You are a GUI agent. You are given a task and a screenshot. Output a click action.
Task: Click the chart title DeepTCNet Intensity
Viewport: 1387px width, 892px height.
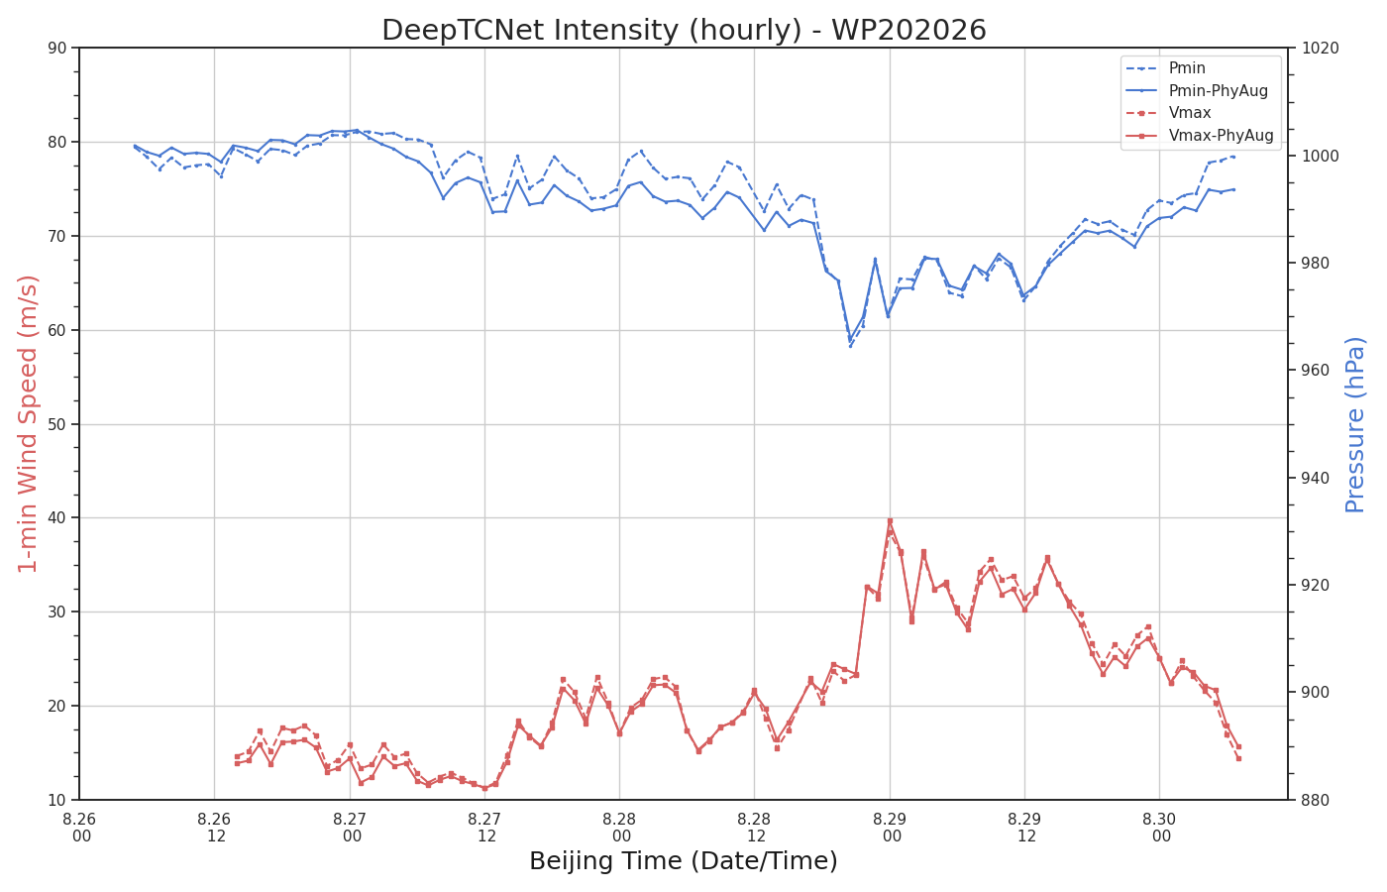point(684,30)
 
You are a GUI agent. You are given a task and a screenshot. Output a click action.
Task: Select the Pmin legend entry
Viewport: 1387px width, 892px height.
point(1187,68)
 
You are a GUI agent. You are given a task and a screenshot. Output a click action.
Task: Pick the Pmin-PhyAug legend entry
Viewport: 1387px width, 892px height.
point(1218,91)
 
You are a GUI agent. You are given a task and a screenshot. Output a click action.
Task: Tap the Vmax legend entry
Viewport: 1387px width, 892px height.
point(1190,113)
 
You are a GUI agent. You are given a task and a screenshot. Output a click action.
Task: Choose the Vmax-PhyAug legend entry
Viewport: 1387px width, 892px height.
point(1221,136)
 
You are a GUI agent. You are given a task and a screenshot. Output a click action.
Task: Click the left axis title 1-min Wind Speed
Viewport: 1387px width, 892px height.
point(28,424)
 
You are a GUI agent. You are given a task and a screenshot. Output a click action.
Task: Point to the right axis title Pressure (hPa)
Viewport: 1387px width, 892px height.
point(1355,425)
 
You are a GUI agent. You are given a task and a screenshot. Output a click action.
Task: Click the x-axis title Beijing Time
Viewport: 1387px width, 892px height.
point(683,861)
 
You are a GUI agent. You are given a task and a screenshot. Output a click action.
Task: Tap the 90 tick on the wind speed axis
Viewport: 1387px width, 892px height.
point(56,49)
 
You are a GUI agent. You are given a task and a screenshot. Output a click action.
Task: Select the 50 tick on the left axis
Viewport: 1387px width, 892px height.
point(56,424)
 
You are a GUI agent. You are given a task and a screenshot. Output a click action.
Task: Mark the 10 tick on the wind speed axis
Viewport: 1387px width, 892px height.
point(56,801)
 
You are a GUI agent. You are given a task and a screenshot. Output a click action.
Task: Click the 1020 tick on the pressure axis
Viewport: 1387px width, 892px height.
point(1321,49)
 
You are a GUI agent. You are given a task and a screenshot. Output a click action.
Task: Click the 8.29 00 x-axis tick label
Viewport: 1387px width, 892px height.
point(890,828)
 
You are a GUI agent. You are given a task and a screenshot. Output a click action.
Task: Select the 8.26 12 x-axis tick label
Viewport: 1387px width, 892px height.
point(214,828)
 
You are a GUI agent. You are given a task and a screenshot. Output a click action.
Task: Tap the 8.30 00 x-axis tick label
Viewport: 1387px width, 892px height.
point(1160,828)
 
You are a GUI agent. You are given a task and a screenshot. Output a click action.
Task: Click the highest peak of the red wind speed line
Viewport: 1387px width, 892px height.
point(890,521)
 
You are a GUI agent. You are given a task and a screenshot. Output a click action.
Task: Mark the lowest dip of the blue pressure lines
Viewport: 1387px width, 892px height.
point(850,346)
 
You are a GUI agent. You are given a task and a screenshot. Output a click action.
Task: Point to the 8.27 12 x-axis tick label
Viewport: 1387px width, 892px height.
point(484,828)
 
